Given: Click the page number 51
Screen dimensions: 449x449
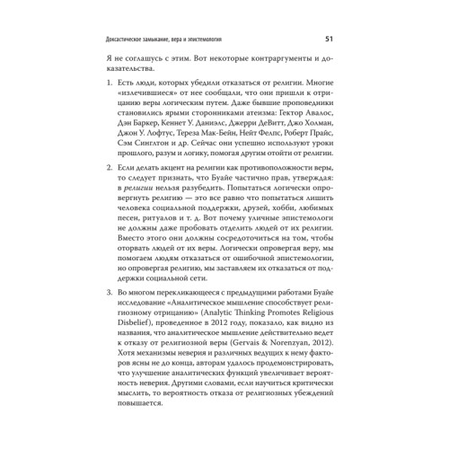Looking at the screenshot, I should point(329,40).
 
